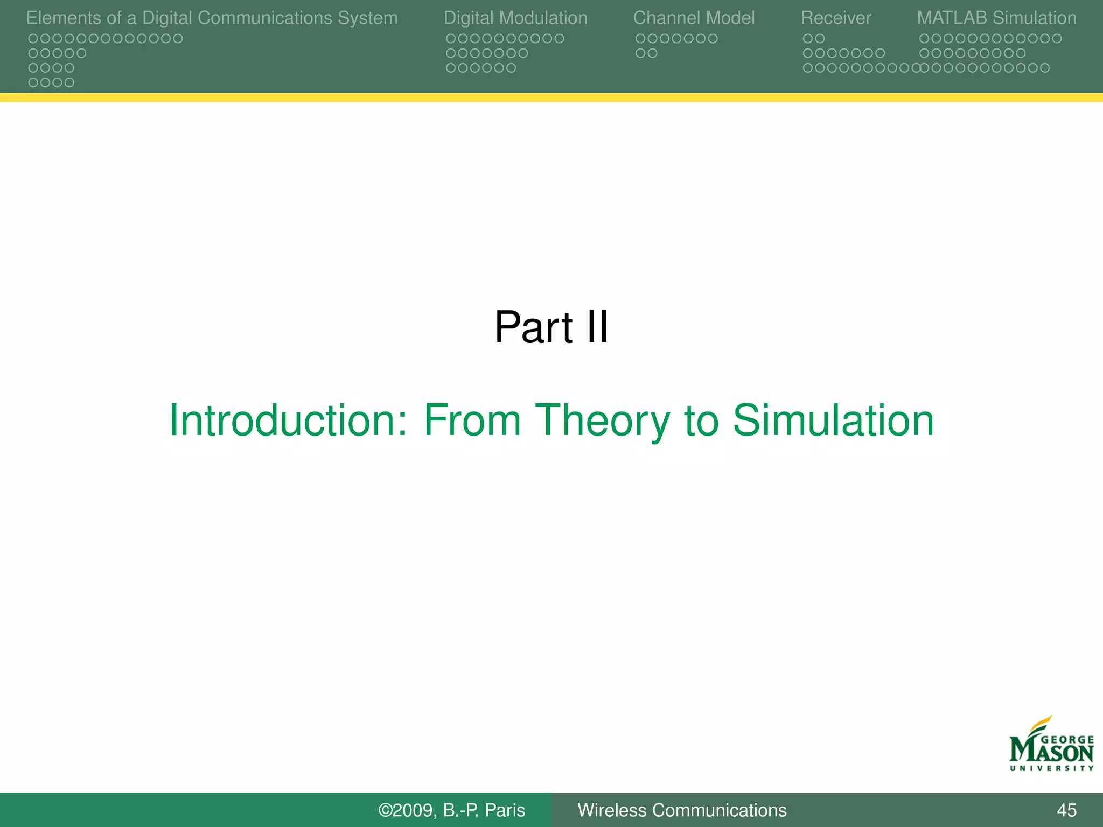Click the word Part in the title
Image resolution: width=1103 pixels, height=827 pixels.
pyautogui.click(x=533, y=327)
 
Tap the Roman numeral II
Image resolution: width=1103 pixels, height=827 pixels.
pyautogui.click(x=597, y=327)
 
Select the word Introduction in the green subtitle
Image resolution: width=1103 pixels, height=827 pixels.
pyautogui.click(x=288, y=420)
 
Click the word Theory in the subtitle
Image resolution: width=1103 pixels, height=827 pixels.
pyautogui.click(x=602, y=420)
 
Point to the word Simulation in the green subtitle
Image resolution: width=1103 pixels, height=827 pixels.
pyautogui.click(x=833, y=420)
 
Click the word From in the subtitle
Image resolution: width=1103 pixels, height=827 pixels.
pyautogui.click(x=472, y=420)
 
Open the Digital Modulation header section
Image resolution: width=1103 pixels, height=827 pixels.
pyautogui.click(x=515, y=18)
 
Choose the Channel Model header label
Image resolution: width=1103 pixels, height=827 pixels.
pyautogui.click(x=694, y=18)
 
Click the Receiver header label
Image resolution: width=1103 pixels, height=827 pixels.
pyautogui.click(x=836, y=18)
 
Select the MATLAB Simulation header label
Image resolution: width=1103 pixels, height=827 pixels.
pyautogui.click(x=996, y=18)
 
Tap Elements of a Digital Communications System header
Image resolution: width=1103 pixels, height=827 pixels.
pyautogui.click(x=212, y=18)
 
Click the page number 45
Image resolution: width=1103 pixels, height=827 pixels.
pyautogui.click(x=1066, y=810)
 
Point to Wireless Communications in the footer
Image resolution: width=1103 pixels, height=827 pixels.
pyautogui.click(x=682, y=810)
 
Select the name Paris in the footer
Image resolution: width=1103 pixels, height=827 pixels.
pyautogui.click(x=505, y=810)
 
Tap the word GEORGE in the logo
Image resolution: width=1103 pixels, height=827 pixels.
pyautogui.click(x=1067, y=740)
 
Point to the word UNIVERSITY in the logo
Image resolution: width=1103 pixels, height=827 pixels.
pyautogui.click(x=1051, y=768)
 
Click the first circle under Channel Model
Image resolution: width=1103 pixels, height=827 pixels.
pyautogui.click(x=640, y=39)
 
